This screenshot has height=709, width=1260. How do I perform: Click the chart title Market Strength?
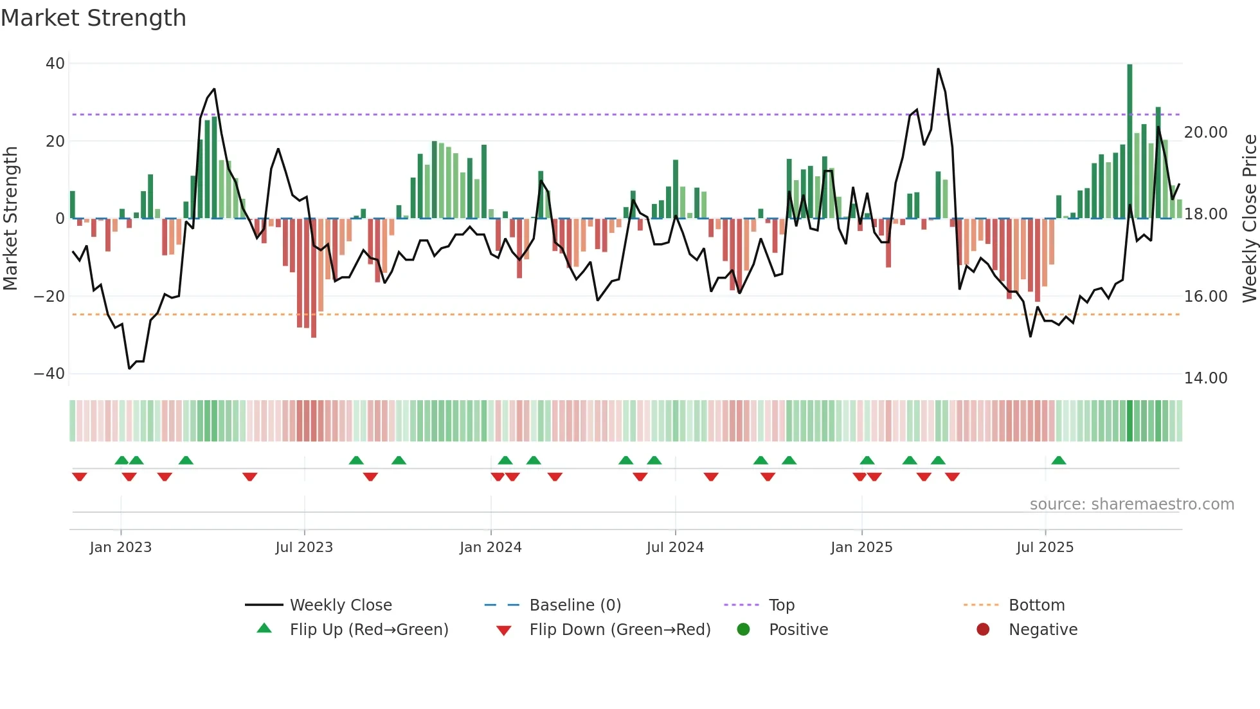point(93,18)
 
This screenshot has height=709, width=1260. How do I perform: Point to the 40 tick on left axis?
point(55,64)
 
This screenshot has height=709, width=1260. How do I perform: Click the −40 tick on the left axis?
point(50,374)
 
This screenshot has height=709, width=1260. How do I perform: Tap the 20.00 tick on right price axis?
point(1206,133)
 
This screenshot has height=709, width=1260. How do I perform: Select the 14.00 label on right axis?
point(1206,378)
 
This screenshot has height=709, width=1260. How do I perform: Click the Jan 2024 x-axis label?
point(491,548)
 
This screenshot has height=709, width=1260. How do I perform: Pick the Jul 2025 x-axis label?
point(1045,548)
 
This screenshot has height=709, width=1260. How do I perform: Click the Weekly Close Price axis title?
point(1249,219)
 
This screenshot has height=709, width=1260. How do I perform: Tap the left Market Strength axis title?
point(11,219)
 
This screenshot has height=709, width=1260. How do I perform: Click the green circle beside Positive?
point(744,630)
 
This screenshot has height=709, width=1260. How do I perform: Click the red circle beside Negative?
point(983,630)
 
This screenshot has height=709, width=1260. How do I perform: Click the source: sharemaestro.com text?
point(1131,504)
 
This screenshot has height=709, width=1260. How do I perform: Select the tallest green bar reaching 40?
point(1129,142)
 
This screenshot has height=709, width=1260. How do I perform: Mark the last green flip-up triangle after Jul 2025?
point(1059,460)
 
